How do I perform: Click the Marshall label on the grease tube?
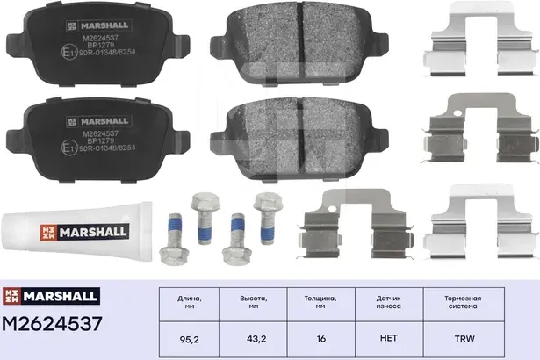click(x=88, y=232)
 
